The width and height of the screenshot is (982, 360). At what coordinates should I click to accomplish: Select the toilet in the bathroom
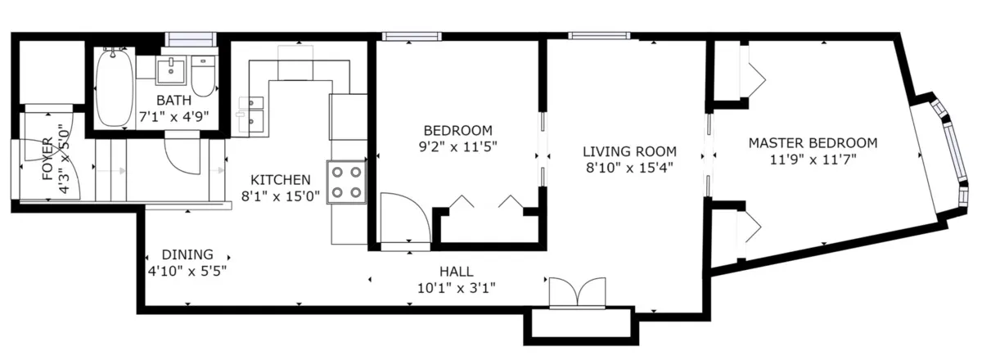(203, 76)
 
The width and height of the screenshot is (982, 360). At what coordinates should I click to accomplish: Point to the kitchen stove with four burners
(346, 182)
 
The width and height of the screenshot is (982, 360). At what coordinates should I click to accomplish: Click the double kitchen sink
(251, 115)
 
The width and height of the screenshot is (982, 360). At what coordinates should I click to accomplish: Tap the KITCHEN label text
(280, 180)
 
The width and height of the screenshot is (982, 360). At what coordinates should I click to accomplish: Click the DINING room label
(187, 254)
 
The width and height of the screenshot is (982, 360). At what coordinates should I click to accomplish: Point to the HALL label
(456, 272)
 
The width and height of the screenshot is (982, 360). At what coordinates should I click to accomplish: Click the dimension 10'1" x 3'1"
(456, 287)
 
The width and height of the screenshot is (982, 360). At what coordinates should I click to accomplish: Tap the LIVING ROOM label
(629, 151)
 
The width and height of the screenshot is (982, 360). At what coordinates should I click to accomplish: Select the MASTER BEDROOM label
(813, 143)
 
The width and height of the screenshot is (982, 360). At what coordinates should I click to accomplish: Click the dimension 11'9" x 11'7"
(813, 160)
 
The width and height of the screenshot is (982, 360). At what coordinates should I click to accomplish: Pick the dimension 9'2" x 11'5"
(457, 146)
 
